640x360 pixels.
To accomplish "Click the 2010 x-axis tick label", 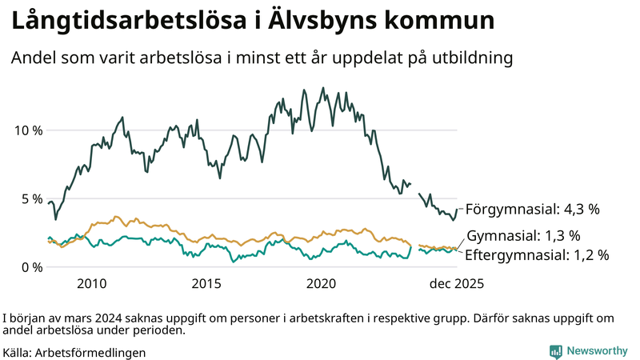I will (92, 283).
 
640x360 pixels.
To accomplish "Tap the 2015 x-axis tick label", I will (206, 283).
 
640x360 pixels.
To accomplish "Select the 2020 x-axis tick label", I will (322, 283).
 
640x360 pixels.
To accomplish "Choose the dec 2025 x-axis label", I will (457, 283).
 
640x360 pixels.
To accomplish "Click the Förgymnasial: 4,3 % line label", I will (532, 210).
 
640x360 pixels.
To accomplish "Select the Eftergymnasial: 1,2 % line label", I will (537, 255).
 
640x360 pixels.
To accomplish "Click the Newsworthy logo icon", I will (555, 351).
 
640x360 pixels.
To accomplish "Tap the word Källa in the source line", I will (17, 352).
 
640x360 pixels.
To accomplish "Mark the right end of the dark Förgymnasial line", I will (457, 210).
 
